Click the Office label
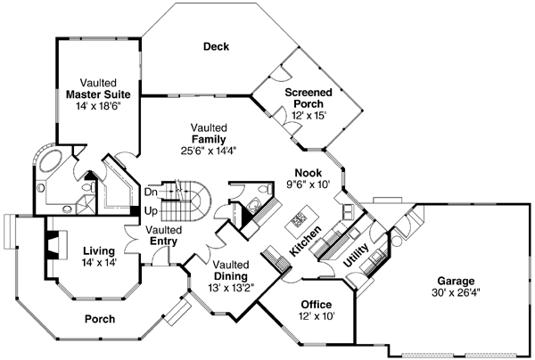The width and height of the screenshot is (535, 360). [316, 304]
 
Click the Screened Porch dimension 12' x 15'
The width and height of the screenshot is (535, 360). [309, 116]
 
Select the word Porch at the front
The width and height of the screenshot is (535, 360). [97, 318]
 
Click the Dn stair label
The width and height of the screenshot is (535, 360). [152, 191]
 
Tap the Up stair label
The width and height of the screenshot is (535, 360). [152, 211]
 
